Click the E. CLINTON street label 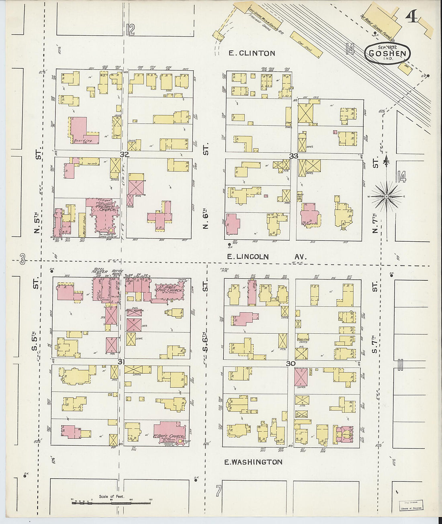(x=252, y=53)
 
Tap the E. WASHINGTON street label (x=253, y=462)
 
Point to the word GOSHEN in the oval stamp (x=387, y=53)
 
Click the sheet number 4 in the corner (x=411, y=16)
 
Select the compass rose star (x=386, y=196)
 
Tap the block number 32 (x=124, y=155)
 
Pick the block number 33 (x=294, y=156)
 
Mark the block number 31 (x=121, y=362)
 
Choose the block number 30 (x=291, y=363)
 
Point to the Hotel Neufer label (x=100, y=271)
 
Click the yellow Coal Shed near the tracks (x=306, y=43)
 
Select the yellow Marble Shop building (x=82, y=225)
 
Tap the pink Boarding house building (x=81, y=130)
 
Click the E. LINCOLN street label (x=248, y=257)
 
